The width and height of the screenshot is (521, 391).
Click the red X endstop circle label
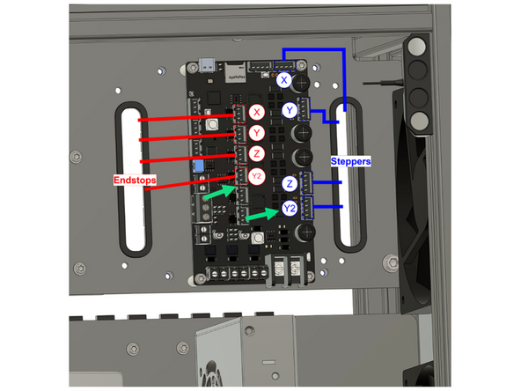pos(257,112)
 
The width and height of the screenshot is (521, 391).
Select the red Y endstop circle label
pos(257,133)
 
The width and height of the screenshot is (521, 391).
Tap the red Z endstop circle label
pos(257,154)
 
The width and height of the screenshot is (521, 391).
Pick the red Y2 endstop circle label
pos(257,175)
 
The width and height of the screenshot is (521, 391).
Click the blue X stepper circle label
pos(284,81)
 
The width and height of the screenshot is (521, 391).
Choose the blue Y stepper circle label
pos(290,110)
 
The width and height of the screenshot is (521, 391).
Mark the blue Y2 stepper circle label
pos(290,209)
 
